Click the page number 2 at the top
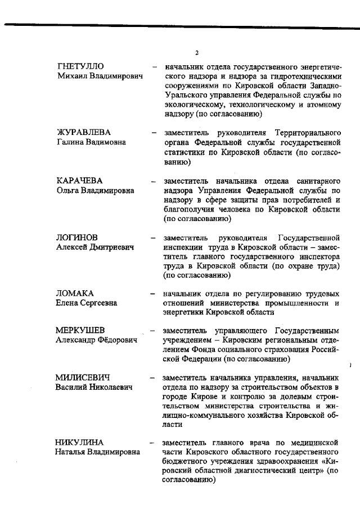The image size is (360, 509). tap(197, 53)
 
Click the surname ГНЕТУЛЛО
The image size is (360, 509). tap(80, 67)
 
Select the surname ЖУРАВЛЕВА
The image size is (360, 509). tap(83, 132)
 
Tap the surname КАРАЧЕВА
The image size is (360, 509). tap(79, 181)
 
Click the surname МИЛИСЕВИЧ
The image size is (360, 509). tap(82, 377)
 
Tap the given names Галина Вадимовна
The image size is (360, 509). tap(91, 142)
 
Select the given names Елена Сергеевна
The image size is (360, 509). tap(86, 303)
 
